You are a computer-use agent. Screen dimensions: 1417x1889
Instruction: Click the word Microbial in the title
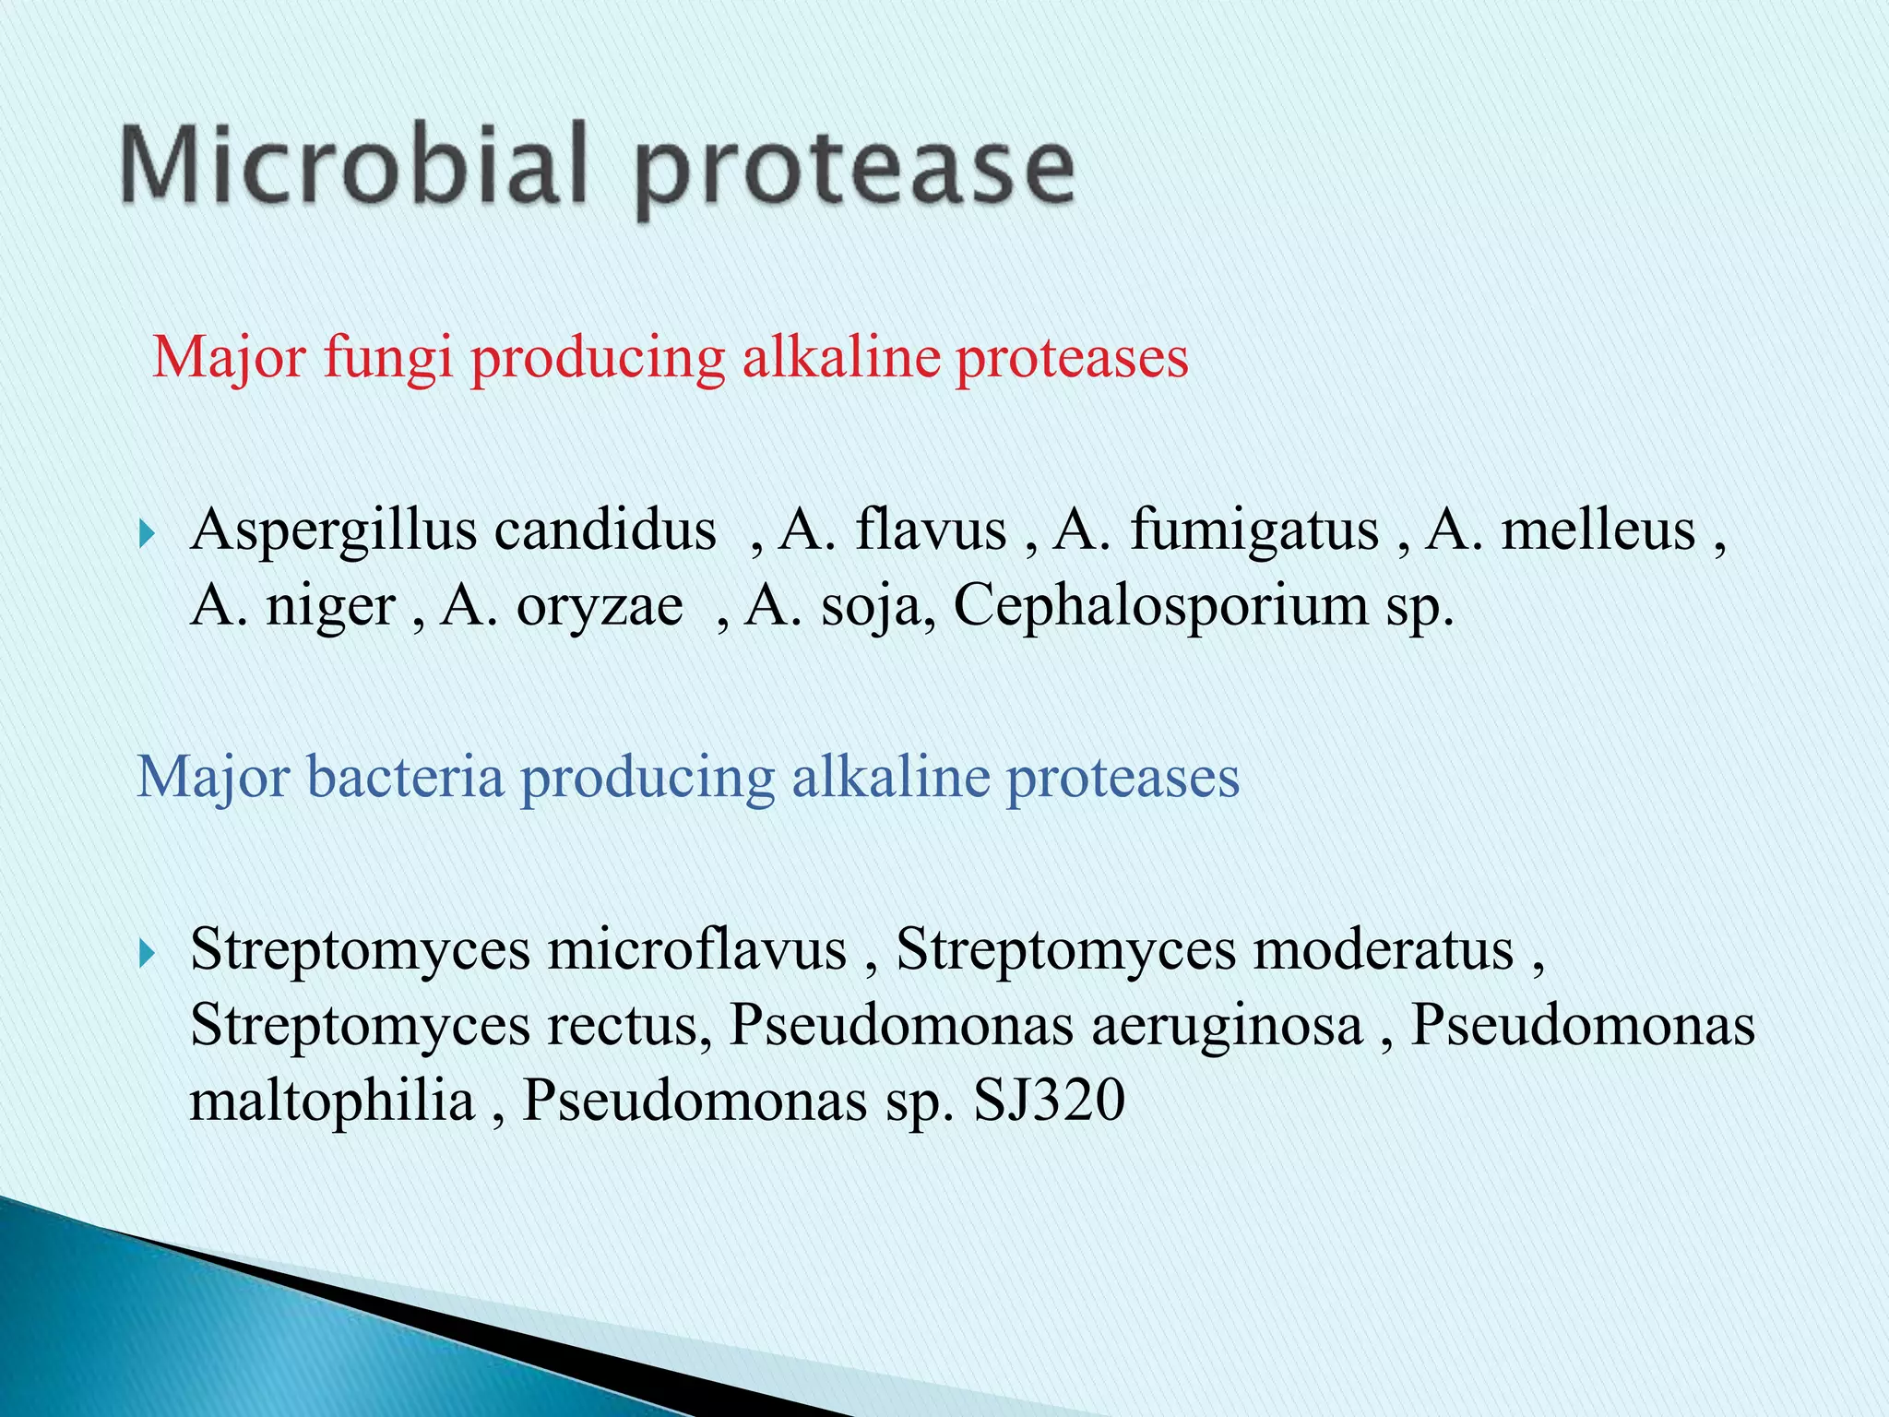pyautogui.click(x=353, y=166)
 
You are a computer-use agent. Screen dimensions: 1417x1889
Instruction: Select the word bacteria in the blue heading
pyautogui.click(x=405, y=777)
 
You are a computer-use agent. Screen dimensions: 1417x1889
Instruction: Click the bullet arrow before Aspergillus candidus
pyautogui.click(x=146, y=532)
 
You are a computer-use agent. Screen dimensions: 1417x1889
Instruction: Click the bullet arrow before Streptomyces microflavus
pyautogui.click(x=146, y=952)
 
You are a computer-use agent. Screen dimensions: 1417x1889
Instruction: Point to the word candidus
pyautogui.click(x=605, y=530)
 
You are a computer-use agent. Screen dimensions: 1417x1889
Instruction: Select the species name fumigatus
pyautogui.click(x=1254, y=532)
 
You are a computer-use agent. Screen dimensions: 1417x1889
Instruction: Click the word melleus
pyautogui.click(x=1598, y=530)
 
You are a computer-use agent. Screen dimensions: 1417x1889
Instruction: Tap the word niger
pyautogui.click(x=330, y=608)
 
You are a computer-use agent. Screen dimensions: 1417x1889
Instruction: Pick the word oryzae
pyautogui.click(x=600, y=608)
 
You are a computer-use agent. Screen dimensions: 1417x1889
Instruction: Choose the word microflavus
pyautogui.click(x=697, y=949)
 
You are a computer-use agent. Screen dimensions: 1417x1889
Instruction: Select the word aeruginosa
pyautogui.click(x=1228, y=1027)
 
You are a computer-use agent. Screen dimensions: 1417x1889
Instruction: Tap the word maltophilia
pyautogui.click(x=332, y=1101)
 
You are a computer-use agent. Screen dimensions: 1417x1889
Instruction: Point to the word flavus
pyautogui.click(x=931, y=530)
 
